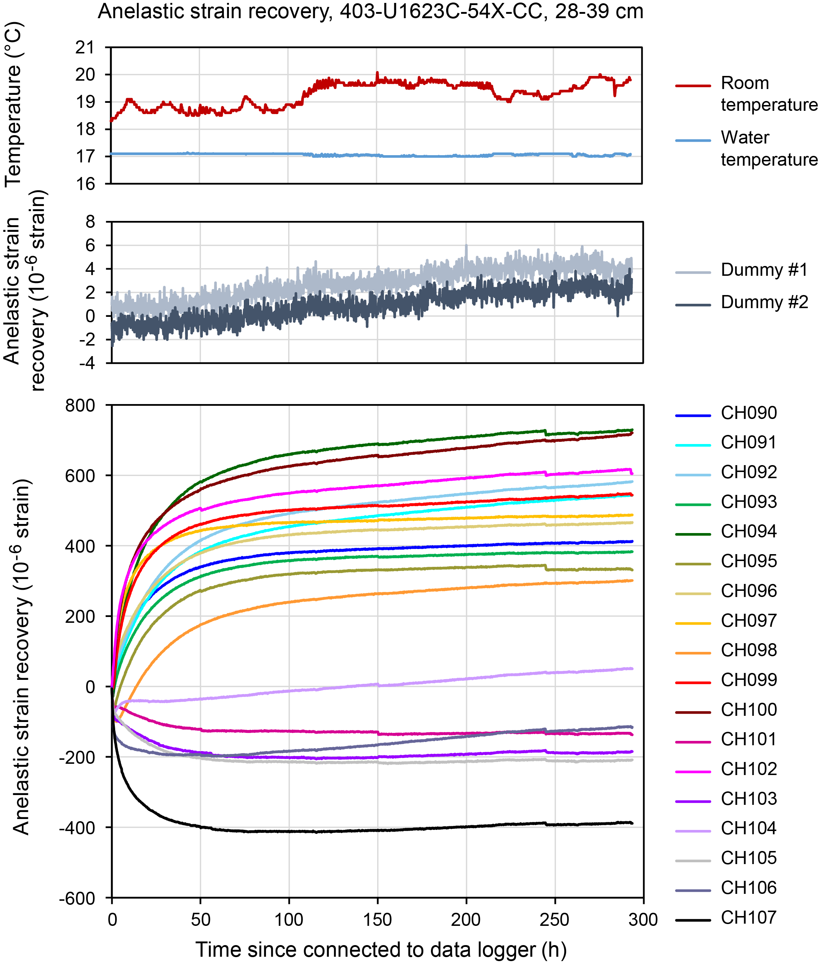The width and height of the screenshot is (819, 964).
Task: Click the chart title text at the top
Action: point(370,11)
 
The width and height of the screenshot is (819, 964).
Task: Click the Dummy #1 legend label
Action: point(764,270)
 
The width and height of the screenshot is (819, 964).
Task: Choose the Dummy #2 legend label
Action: point(764,302)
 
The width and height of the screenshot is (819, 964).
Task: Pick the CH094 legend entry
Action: point(749,531)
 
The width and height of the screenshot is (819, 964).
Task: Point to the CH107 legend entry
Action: point(749,917)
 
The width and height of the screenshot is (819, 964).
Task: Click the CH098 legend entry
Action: point(749,650)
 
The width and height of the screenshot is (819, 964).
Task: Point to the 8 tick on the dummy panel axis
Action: point(90,222)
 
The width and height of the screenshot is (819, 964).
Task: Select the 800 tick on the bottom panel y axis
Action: point(80,406)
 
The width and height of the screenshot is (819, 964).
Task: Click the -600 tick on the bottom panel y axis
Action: point(77,898)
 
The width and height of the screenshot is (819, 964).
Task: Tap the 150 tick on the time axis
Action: point(378,919)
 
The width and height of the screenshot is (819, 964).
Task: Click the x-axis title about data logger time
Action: point(381,949)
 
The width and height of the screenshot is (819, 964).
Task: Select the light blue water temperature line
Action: point(232,154)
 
